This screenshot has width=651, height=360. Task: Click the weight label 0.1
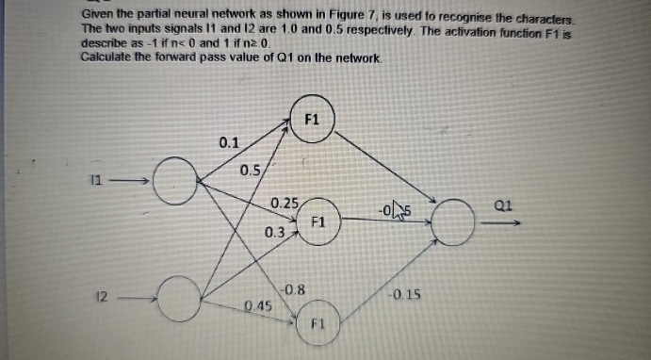pos(229,144)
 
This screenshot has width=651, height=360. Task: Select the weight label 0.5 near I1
pos(250,171)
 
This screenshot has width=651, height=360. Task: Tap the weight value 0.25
pos(284,203)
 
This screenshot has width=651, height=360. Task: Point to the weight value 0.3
pos(275,231)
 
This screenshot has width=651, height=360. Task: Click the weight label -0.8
pos(291,289)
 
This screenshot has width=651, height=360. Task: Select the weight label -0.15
pos(404,295)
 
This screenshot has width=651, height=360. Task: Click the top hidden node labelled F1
pos(312,120)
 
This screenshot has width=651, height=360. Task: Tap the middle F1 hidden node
pos(317,222)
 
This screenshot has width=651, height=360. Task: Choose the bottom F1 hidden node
pos(317,323)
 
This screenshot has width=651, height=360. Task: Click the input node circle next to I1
pos(173,182)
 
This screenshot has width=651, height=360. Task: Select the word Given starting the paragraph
pos(98,17)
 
